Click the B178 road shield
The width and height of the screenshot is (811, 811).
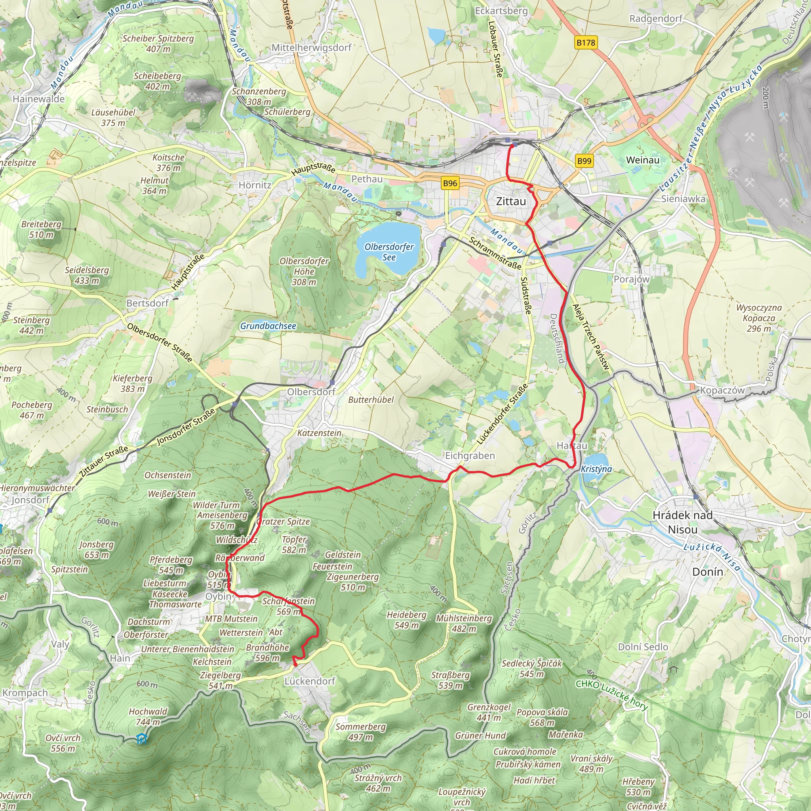coord(586,42)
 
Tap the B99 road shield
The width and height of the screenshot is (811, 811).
coord(584,161)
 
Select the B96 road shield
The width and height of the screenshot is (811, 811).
coord(449,183)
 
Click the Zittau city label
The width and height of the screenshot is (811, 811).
coord(511,202)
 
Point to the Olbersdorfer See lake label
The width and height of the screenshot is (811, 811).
coord(389,252)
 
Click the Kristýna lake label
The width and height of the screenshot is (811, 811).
coord(596,469)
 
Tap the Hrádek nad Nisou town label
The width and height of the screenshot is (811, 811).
coord(683,522)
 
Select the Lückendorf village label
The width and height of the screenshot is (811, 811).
coord(310,681)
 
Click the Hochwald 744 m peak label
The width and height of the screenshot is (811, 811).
coord(148,716)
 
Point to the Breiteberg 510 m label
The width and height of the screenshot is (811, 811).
coord(41,229)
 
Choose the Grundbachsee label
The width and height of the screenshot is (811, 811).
coord(268,326)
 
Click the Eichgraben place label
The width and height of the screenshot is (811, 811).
coord(470,455)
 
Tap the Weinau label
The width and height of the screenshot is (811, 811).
coord(643,160)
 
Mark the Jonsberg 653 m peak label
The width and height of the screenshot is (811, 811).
coord(97,550)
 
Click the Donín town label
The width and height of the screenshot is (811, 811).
coord(708,572)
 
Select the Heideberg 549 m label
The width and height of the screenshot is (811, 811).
coord(406,620)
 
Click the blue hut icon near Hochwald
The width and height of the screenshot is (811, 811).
coord(142,739)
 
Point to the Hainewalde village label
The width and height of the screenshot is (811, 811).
coord(39,99)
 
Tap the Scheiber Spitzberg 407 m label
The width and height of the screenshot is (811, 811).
coord(158,44)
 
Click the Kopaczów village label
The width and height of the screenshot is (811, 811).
coord(722,390)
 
